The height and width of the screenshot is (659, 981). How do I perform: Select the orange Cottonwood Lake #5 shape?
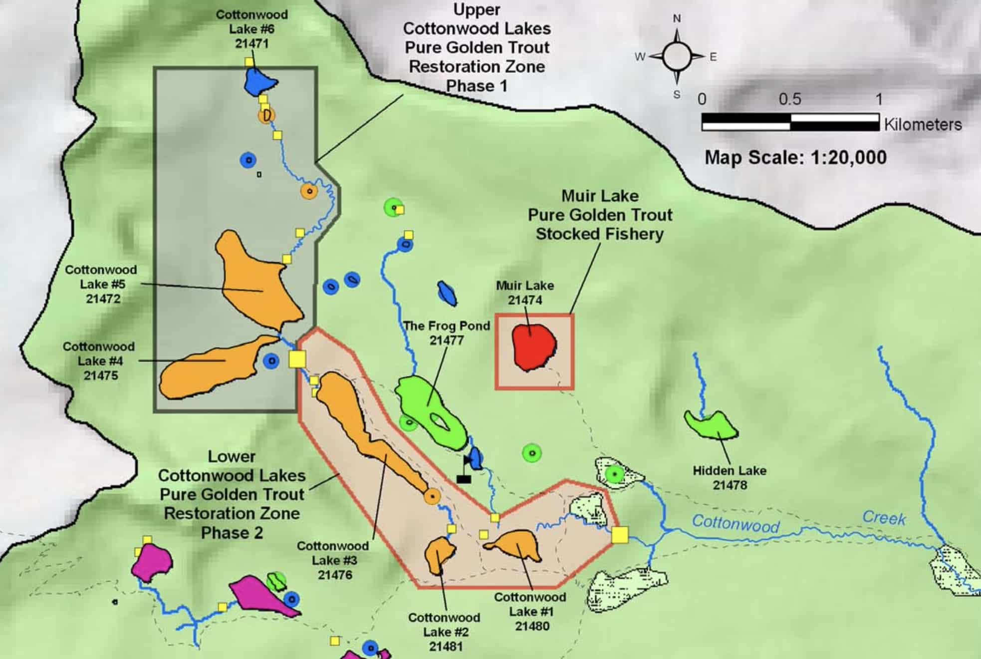259,285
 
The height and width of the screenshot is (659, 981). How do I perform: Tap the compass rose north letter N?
677,18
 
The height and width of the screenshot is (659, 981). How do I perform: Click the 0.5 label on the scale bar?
790,99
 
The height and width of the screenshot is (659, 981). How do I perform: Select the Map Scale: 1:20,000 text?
795,158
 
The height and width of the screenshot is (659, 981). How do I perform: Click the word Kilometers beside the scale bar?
923,124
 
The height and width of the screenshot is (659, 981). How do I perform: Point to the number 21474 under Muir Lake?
525,300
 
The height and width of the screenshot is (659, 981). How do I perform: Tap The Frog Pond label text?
447,326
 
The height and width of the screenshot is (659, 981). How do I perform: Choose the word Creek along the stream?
884,518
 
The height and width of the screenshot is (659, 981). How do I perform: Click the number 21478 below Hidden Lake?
730,485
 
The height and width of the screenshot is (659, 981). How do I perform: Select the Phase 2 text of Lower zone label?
232,533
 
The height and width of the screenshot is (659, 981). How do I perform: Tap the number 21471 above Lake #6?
252,43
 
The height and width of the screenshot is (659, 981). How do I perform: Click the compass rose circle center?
677,56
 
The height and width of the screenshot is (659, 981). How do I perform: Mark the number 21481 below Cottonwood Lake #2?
446,647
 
